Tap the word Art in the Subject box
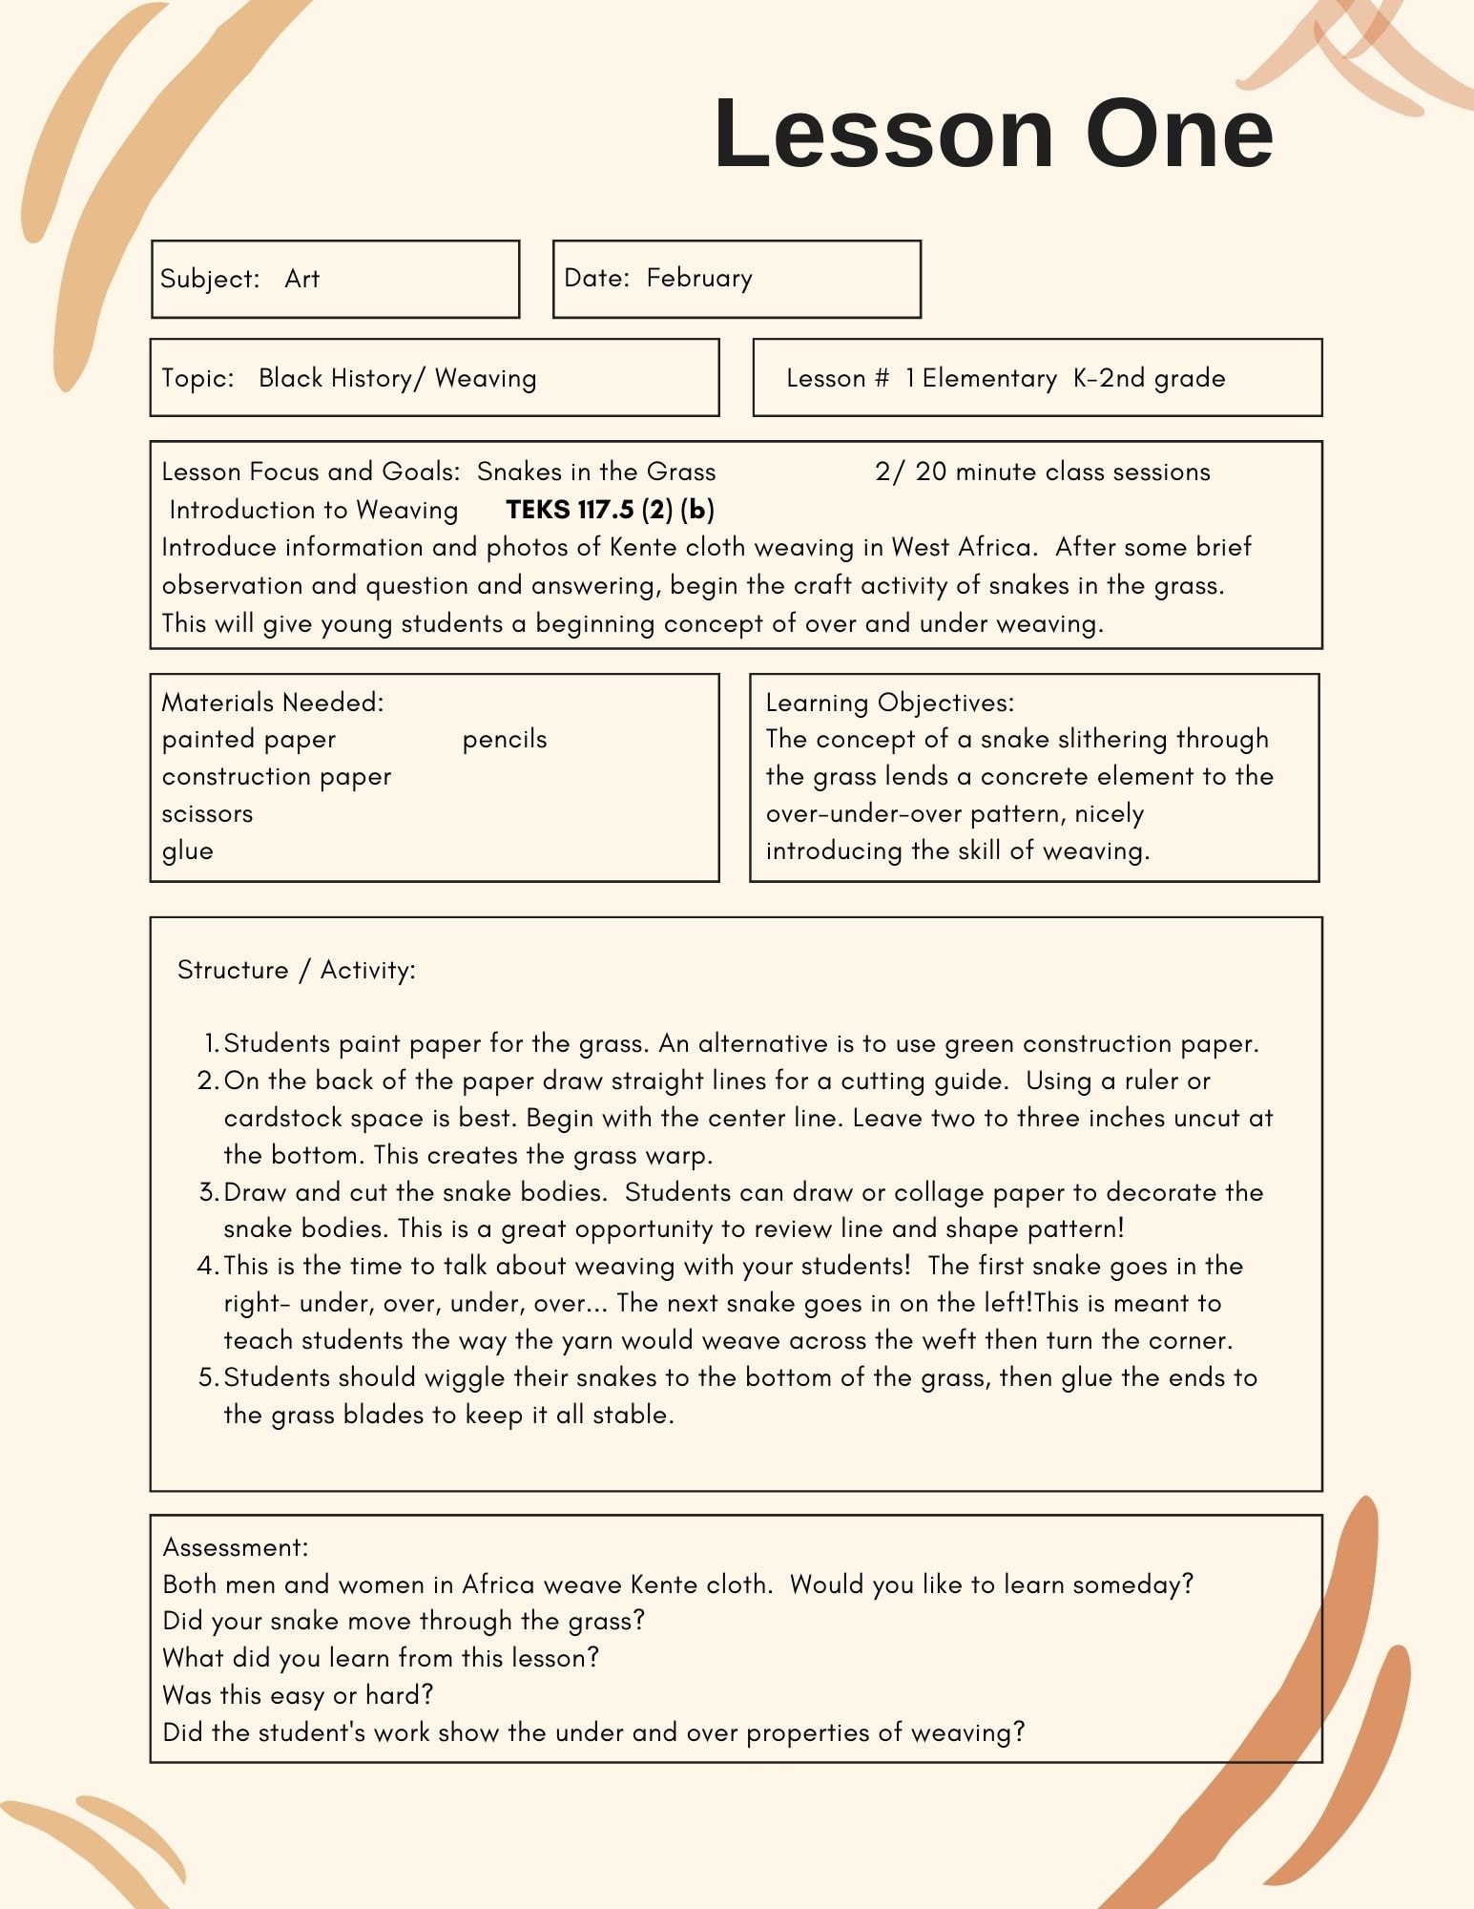pyautogui.click(x=301, y=279)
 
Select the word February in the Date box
pyautogui.click(x=699, y=278)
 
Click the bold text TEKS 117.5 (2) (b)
pyautogui.click(x=610, y=510)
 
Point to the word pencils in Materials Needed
pyautogui.click(x=505, y=740)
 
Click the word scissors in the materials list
pyautogui.click(x=207, y=814)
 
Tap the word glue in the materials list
pyautogui.click(x=187, y=850)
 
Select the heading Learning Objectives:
pyautogui.click(x=889, y=703)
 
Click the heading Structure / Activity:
pyautogui.click(x=296, y=970)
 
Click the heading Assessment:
pyautogui.click(x=236, y=1547)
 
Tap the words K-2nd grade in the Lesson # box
pyautogui.click(x=1149, y=378)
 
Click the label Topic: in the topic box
pyautogui.click(x=197, y=378)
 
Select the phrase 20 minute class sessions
pyautogui.click(x=1063, y=472)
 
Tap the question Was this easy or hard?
pyautogui.click(x=298, y=1695)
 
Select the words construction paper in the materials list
pyautogui.click(x=277, y=777)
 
